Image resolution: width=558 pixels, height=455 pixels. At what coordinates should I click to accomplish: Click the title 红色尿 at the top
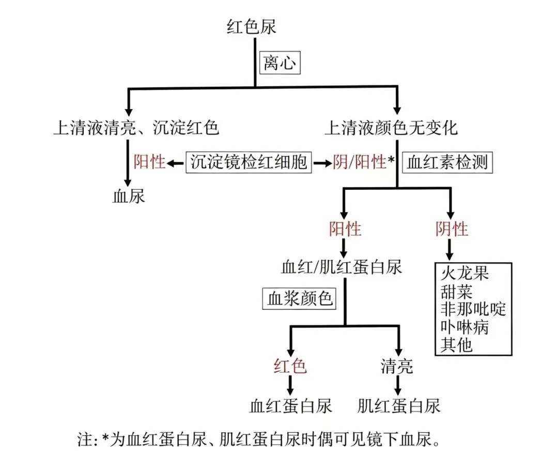click(252, 27)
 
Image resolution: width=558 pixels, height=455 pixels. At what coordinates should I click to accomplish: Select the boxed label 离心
click(280, 63)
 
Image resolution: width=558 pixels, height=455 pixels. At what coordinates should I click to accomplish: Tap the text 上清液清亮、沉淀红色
click(136, 128)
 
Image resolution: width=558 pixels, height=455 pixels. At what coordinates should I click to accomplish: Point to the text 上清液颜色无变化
click(391, 128)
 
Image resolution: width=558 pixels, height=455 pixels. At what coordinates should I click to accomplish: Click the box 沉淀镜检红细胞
click(249, 162)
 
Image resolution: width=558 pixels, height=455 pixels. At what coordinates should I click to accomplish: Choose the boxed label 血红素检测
click(447, 163)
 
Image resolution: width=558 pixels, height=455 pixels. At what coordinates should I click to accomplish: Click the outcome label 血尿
click(129, 196)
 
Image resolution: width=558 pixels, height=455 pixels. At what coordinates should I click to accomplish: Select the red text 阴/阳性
click(360, 162)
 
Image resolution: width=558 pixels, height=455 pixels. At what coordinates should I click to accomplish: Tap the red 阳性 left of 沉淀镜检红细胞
click(149, 162)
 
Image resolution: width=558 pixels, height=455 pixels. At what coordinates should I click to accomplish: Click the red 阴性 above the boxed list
click(452, 229)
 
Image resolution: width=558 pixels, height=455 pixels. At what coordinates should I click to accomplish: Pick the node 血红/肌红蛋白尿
click(342, 267)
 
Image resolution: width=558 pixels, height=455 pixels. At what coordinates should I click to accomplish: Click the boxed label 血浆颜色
click(300, 298)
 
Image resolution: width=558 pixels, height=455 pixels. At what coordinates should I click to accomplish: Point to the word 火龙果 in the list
click(465, 274)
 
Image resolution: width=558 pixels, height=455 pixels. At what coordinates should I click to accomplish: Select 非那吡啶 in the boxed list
click(473, 309)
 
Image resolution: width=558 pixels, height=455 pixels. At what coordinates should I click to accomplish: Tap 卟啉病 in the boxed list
click(465, 327)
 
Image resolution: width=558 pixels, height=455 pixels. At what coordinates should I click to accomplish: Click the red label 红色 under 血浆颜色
click(290, 366)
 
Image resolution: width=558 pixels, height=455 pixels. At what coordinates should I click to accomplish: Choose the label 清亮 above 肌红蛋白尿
click(397, 366)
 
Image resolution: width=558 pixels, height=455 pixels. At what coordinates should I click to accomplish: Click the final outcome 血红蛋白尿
click(290, 406)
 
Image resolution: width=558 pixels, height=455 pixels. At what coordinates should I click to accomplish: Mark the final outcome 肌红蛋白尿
click(399, 406)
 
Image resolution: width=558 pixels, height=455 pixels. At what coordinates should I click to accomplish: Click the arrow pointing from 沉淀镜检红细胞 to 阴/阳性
click(322, 163)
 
